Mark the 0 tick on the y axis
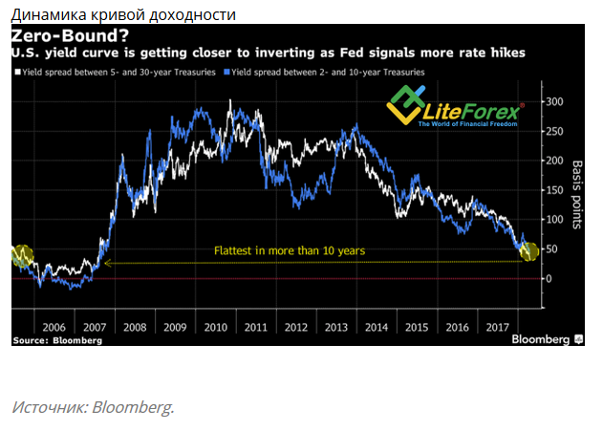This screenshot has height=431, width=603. [x=547, y=278]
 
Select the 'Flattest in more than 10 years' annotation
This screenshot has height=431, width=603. [x=289, y=250]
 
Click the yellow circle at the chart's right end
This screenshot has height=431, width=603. [x=528, y=251]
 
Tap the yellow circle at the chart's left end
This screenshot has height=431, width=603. [x=22, y=255]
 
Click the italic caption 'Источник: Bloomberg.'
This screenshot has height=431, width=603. [x=94, y=407]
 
